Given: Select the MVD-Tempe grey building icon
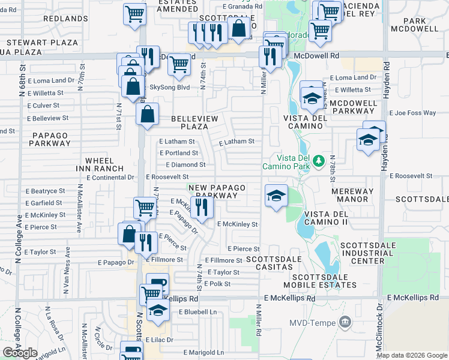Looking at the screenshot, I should [345, 322].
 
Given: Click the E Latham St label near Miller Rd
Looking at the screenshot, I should [237, 142].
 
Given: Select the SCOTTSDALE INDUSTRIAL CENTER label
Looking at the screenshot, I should [370, 253].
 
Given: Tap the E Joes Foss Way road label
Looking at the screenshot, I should [412, 112].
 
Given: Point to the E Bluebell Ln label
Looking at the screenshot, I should [192, 312].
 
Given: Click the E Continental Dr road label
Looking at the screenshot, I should [110, 178].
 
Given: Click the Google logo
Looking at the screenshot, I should [20, 352].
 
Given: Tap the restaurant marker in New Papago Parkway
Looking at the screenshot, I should [202, 208].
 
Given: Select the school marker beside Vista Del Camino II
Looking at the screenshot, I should [276, 196].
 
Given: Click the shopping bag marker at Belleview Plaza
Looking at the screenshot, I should [147, 114].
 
